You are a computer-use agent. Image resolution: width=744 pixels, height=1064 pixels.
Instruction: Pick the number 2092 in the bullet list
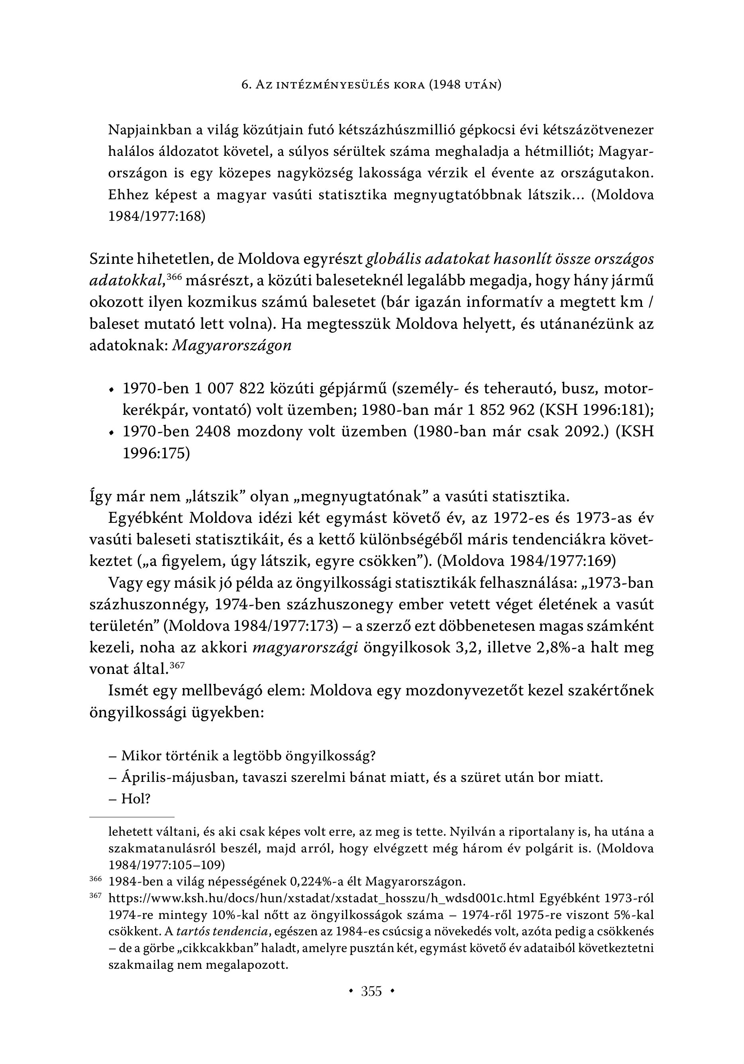coord(585,432)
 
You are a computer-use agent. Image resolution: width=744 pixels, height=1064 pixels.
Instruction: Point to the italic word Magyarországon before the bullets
coord(232,346)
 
